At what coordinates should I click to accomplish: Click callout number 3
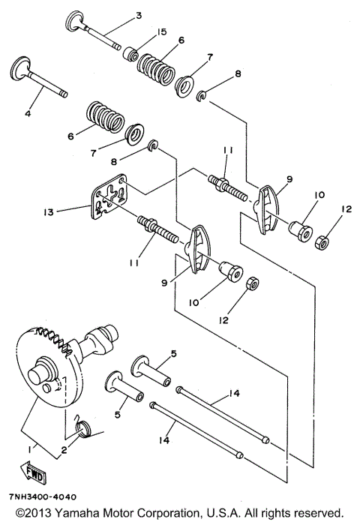pos(138,16)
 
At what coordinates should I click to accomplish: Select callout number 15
pos(161,31)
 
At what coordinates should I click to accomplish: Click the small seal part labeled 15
pos(131,55)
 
